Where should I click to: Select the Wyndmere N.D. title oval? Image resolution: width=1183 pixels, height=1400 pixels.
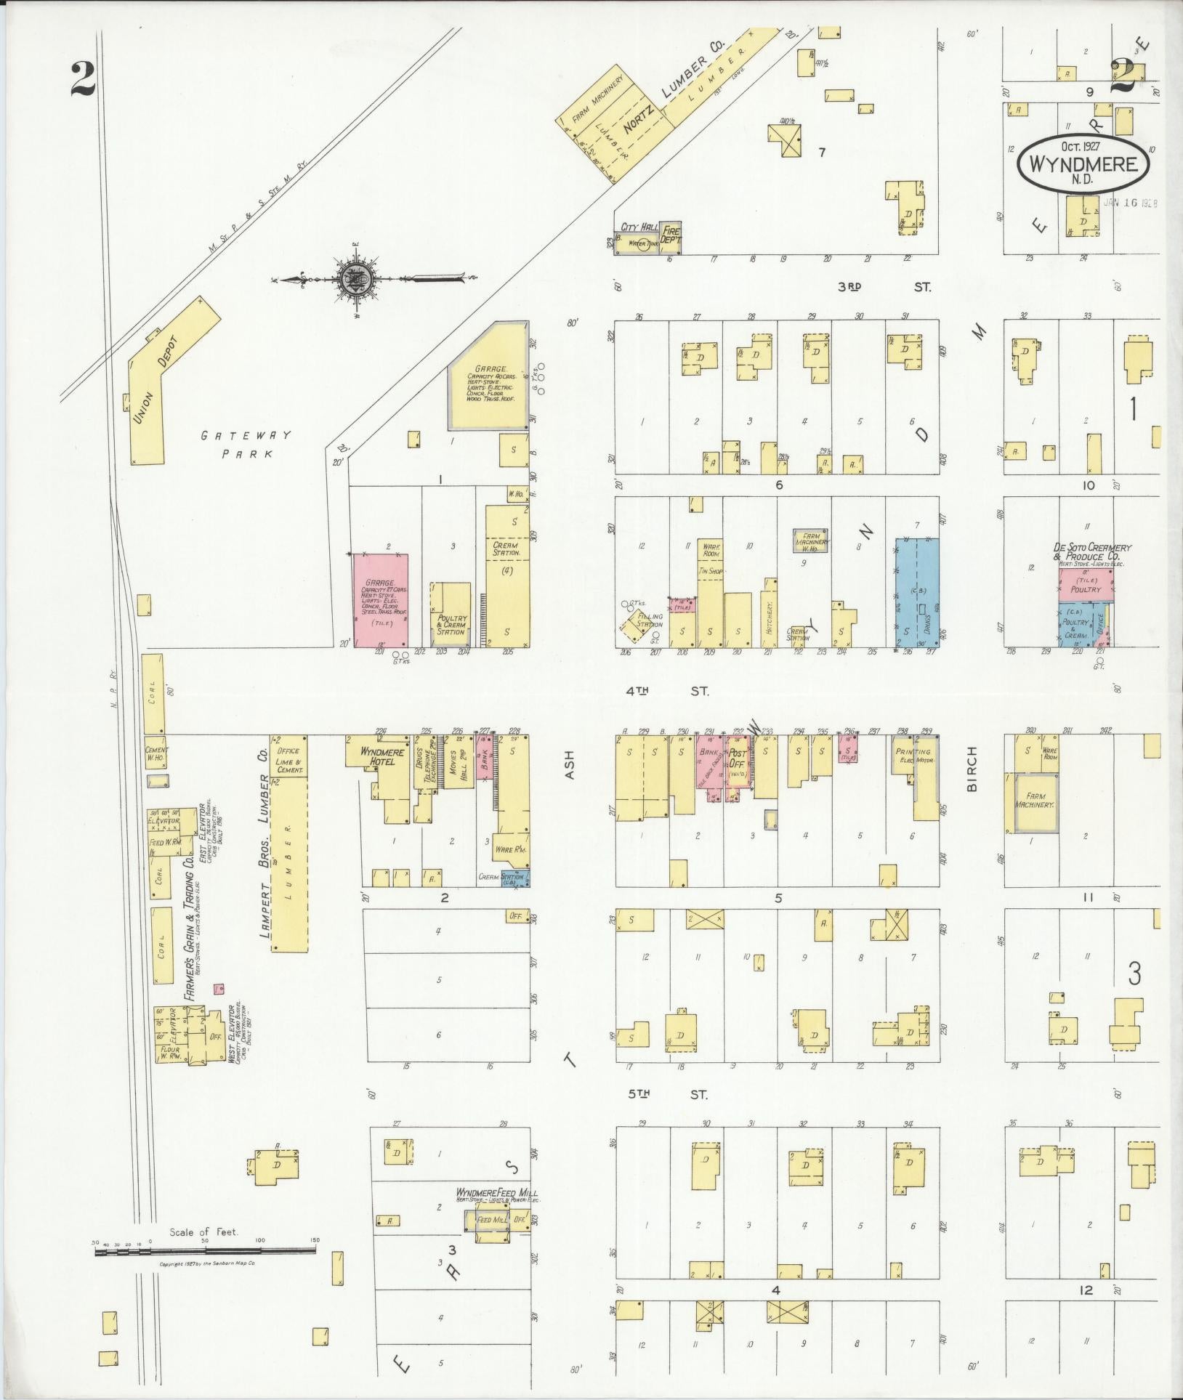pyautogui.click(x=1084, y=163)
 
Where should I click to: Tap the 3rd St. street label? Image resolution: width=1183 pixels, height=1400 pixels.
pyautogui.click(x=883, y=287)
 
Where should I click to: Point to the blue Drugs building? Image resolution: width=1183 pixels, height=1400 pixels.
pyautogui.click(x=916, y=592)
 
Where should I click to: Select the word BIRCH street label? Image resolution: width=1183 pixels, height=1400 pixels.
pyautogui.click(x=973, y=769)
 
